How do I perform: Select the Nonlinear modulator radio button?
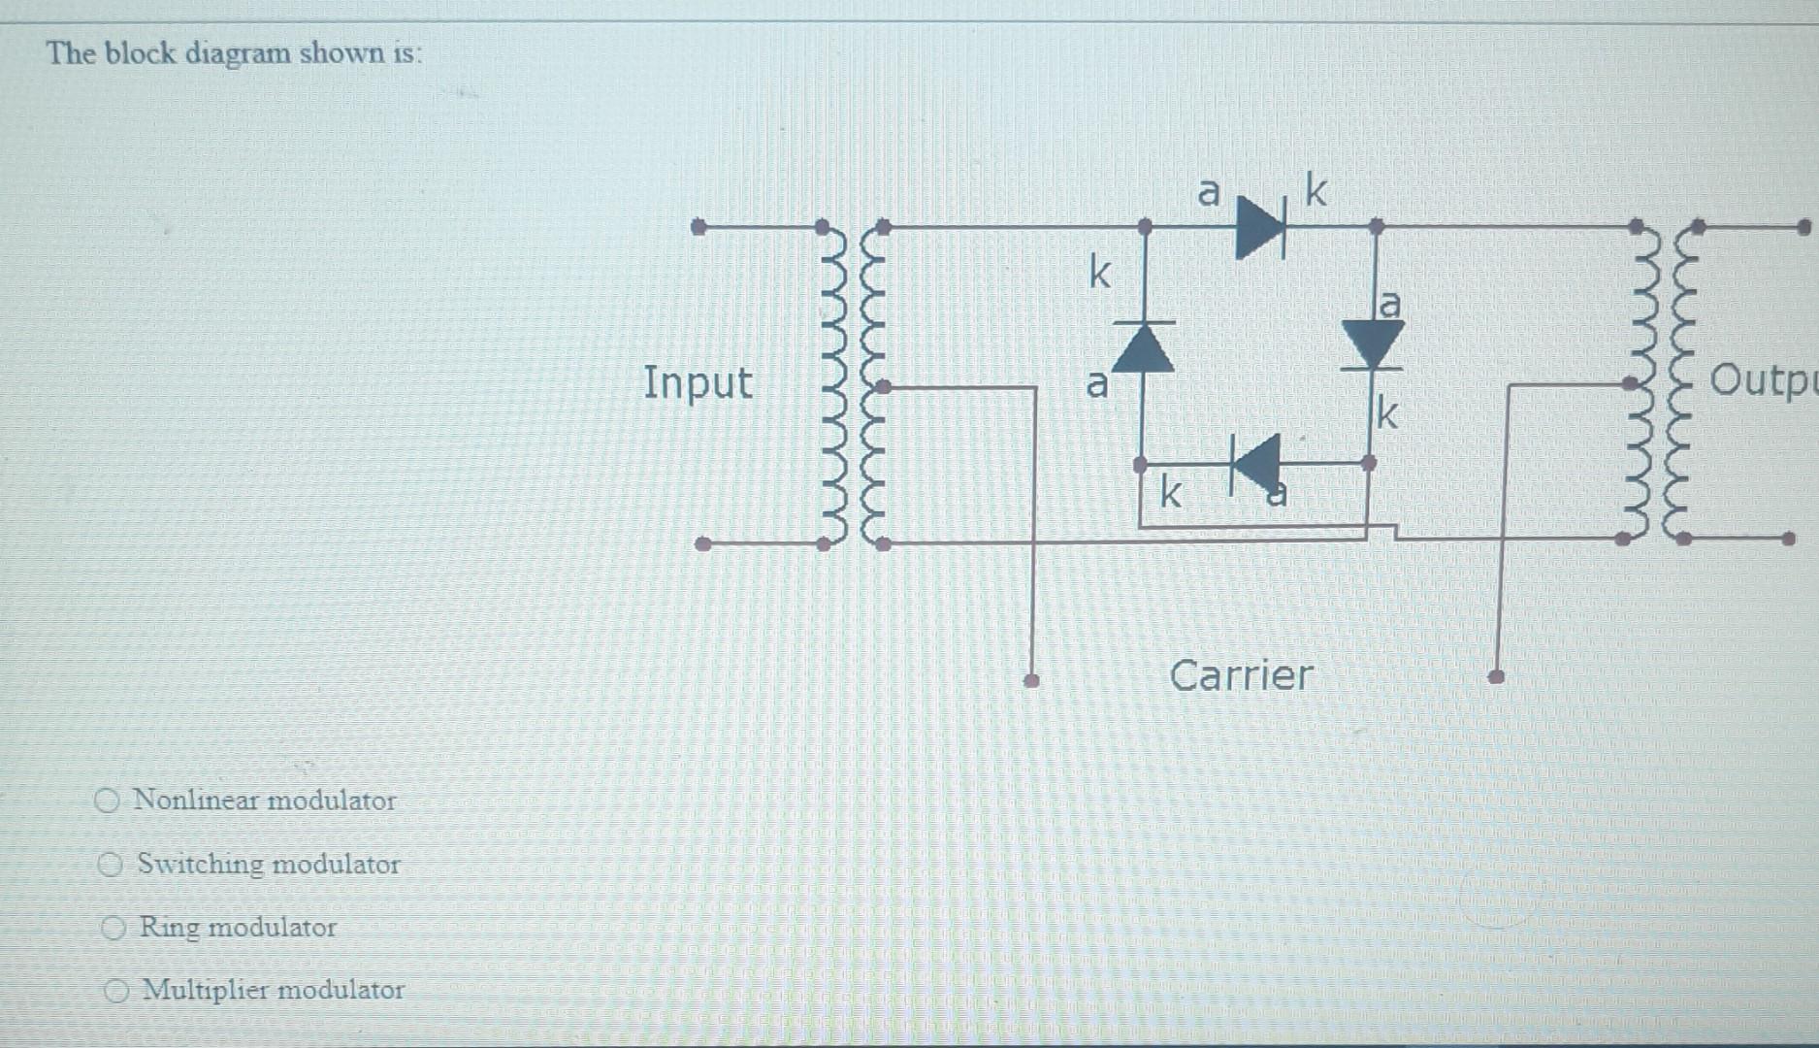click(x=107, y=801)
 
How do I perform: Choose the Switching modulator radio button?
click(x=111, y=864)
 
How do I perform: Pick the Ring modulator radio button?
click(x=114, y=928)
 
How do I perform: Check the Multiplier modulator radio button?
click(x=117, y=991)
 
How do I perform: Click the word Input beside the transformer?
click(x=698, y=381)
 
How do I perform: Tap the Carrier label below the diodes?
click(x=1241, y=674)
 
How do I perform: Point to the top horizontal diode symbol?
click(x=1260, y=227)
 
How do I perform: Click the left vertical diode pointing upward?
click(x=1143, y=347)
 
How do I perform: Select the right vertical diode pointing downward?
click(x=1372, y=344)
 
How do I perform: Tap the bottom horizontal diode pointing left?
click(x=1255, y=463)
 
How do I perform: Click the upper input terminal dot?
click(x=698, y=227)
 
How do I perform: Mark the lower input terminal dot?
click(x=703, y=543)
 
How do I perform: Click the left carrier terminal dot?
click(x=1032, y=680)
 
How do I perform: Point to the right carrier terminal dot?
click(x=1496, y=676)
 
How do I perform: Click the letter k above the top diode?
click(x=1315, y=189)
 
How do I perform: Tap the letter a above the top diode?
click(x=1208, y=191)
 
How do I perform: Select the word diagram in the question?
click(x=237, y=52)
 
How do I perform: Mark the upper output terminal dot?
click(x=1803, y=227)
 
